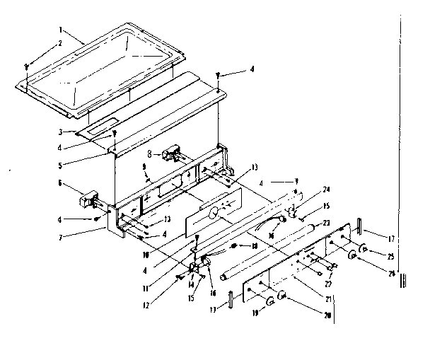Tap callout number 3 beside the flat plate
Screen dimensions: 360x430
pyautogui.click(x=62, y=132)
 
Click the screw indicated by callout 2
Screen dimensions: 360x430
pyautogui.click(x=26, y=66)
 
